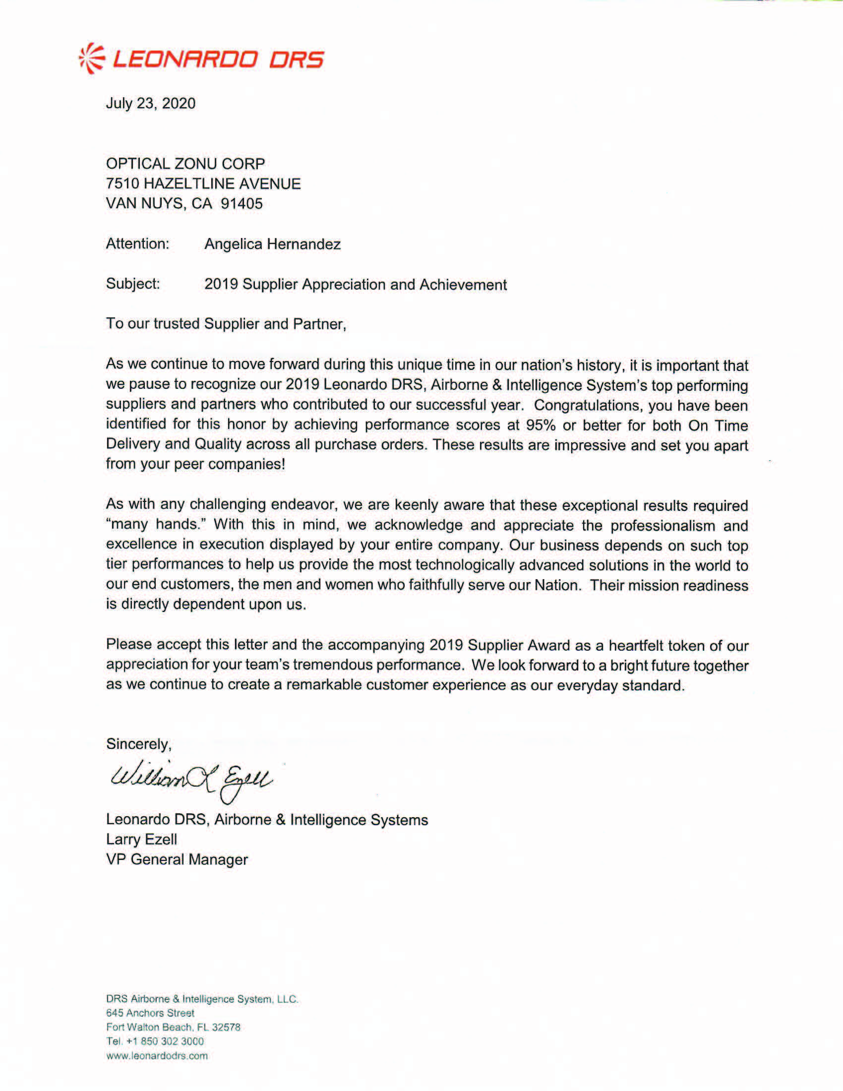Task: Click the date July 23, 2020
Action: pos(150,104)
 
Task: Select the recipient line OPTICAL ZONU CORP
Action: pos(185,163)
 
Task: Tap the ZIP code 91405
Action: pos(241,203)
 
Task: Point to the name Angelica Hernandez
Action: pos(272,244)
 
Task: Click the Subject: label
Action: pos(133,284)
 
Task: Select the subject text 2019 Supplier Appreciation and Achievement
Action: pos(355,284)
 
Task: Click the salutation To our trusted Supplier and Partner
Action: pos(226,324)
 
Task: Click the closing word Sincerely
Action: pos(138,744)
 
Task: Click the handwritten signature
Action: pos(190,780)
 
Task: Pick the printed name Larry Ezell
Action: pos(141,839)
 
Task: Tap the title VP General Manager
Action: pos(177,859)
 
